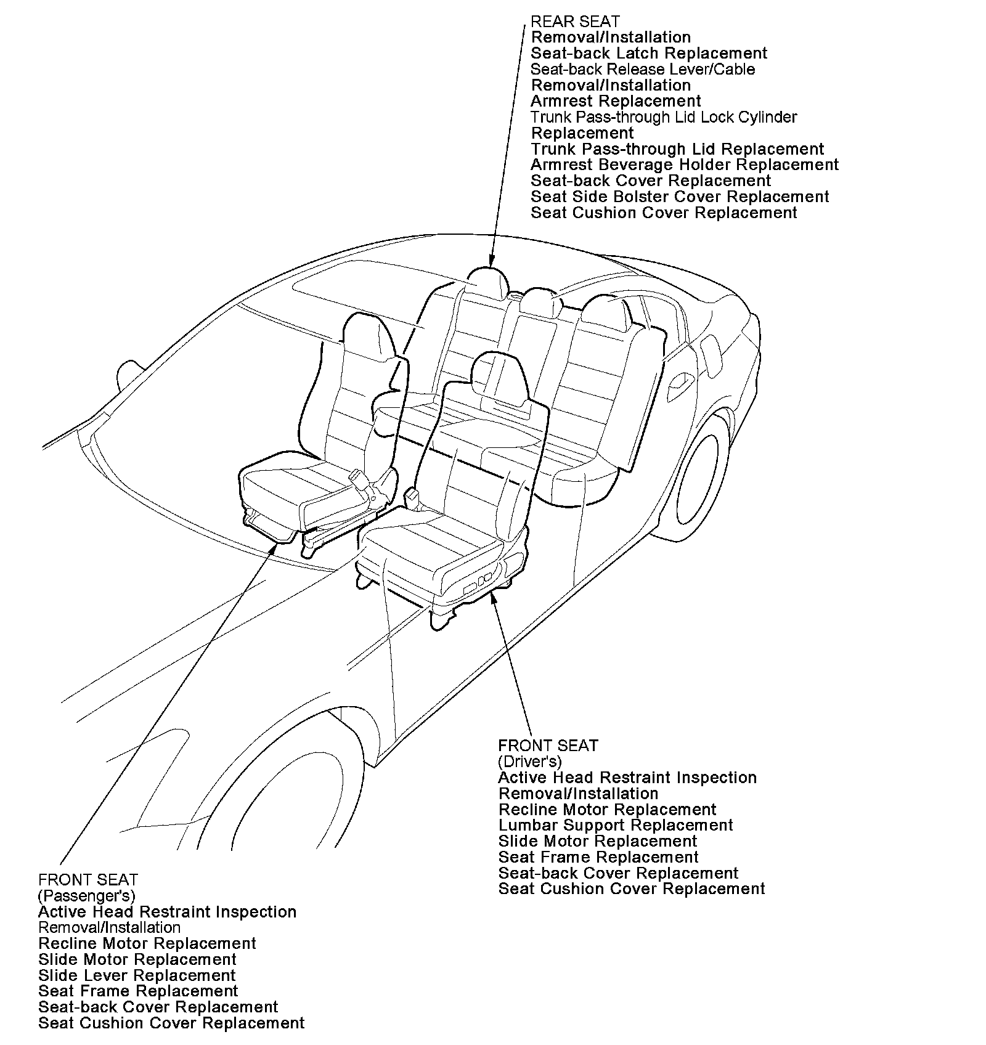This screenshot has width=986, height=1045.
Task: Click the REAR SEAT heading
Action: [575, 22]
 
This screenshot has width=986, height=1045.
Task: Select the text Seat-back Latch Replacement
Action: [649, 54]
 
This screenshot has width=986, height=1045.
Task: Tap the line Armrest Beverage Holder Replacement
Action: [684, 165]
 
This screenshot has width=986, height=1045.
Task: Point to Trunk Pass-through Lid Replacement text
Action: [677, 149]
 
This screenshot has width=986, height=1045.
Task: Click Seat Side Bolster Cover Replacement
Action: [680, 197]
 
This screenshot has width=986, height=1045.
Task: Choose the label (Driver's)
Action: [530, 762]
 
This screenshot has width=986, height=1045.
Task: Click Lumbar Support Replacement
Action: [616, 826]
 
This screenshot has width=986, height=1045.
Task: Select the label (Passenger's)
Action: [86, 895]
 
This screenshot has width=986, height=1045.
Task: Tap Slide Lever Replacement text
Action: [137, 975]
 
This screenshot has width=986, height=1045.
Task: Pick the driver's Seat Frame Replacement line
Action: [598, 857]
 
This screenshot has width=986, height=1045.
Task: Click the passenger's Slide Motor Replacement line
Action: [137, 959]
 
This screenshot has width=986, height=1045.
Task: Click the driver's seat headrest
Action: [499, 376]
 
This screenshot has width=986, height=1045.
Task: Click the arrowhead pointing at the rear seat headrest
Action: [491, 261]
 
